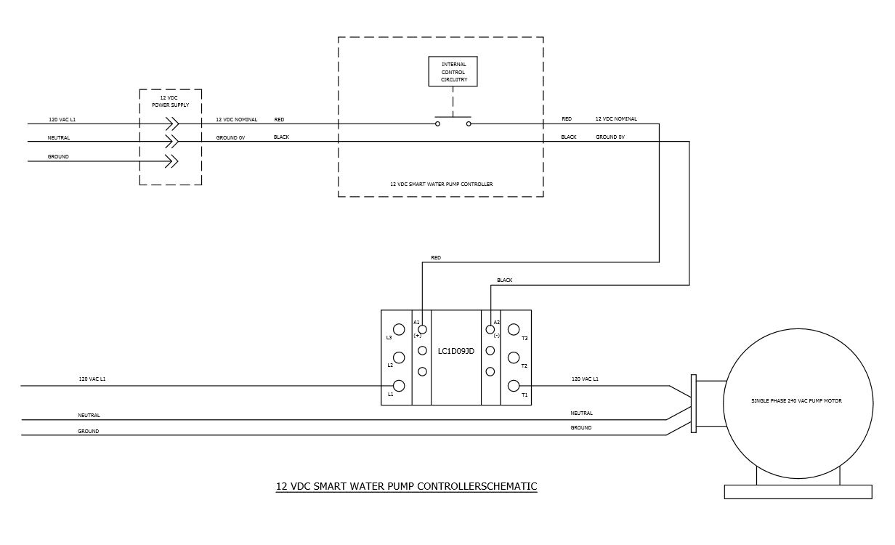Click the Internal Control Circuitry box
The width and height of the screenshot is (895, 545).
(x=453, y=72)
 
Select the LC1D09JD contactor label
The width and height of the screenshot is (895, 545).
(x=455, y=352)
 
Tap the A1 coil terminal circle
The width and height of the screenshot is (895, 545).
(x=422, y=330)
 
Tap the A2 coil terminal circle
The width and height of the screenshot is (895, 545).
(x=490, y=330)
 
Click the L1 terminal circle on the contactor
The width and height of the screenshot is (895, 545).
(x=399, y=386)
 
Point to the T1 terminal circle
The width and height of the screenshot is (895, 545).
(x=514, y=386)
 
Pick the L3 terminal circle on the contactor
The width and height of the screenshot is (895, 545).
(x=399, y=330)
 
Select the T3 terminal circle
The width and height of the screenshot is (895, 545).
(x=514, y=330)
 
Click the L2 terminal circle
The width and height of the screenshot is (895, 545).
(x=399, y=358)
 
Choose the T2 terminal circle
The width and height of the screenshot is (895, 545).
(x=514, y=358)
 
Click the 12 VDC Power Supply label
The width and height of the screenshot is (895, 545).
(x=171, y=101)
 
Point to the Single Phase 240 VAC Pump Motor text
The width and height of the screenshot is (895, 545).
(x=796, y=401)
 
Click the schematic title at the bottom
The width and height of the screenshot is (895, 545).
(x=406, y=486)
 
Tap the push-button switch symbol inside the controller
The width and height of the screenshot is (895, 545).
(x=453, y=121)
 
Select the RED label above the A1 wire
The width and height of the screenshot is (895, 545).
(x=435, y=258)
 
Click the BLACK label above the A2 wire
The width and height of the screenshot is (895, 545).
(x=504, y=280)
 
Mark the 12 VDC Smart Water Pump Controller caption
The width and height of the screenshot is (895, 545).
(x=441, y=185)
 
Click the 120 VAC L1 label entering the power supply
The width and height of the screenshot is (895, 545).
(x=62, y=119)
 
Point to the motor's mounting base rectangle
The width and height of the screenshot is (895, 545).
(x=798, y=492)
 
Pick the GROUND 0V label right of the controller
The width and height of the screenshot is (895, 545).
(x=610, y=137)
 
